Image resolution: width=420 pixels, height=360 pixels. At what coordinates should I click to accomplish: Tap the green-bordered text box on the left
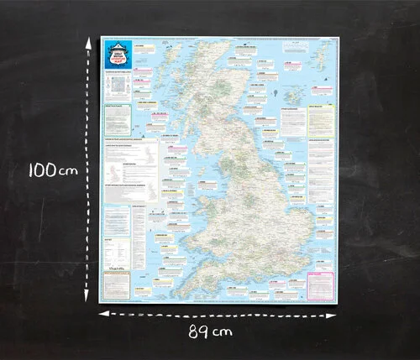point(116,117)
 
